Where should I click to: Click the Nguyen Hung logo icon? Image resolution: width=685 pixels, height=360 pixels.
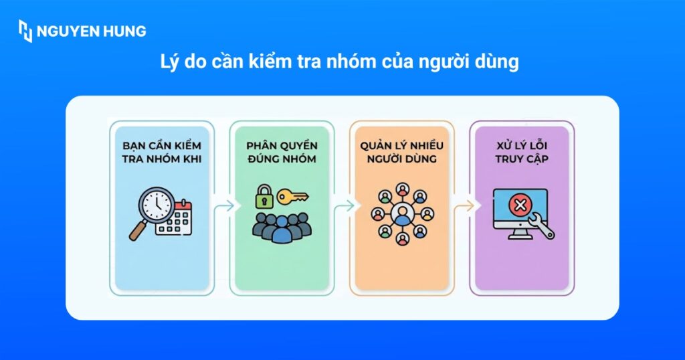(25, 31)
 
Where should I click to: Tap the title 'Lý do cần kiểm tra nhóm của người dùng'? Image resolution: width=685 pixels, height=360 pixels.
(341, 62)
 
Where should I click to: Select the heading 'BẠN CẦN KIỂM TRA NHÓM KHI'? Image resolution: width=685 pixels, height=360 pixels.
(161, 152)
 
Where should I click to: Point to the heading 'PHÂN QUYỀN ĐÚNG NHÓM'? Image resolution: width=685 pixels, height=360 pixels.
(282, 152)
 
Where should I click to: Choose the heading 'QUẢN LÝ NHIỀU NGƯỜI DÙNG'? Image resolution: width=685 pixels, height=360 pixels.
(402, 152)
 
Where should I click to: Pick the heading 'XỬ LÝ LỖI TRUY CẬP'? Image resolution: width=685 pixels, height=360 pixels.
(520, 152)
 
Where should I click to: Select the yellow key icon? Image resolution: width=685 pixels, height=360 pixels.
(293, 197)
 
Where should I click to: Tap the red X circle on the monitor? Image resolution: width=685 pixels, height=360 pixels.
(519, 205)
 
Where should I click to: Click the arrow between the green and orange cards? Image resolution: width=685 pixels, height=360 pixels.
(342, 206)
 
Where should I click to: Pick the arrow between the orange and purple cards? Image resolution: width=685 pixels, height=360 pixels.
(463, 206)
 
